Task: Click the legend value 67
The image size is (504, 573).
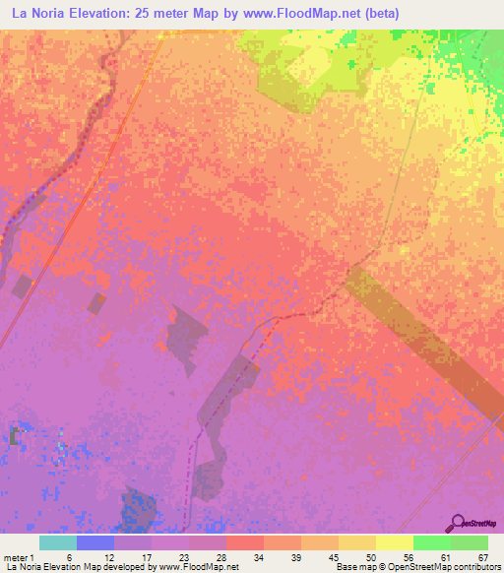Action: [483, 557]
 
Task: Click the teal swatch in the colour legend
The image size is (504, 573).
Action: [57, 542]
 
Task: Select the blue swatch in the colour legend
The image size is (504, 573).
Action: [94, 542]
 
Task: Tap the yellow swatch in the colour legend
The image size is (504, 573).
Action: [394, 542]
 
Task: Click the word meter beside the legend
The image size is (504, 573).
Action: [17, 557]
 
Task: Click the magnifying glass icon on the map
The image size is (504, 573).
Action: [457, 523]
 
